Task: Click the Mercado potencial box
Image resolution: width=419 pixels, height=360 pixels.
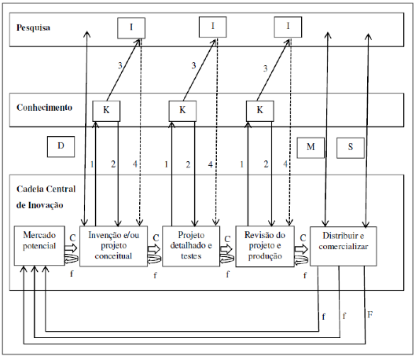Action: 39,245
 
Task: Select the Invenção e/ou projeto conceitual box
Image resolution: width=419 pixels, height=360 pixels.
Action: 113,246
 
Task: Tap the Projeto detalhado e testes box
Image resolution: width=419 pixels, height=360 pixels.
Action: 191,246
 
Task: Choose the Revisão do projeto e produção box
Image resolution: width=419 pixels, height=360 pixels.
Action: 265,246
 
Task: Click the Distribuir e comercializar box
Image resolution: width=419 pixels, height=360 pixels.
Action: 344,246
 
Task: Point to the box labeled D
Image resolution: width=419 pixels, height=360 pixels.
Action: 61,146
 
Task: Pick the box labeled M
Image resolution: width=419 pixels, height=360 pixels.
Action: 311,148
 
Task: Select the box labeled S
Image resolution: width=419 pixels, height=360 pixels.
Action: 351,148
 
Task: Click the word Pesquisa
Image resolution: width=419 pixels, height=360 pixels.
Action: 33,28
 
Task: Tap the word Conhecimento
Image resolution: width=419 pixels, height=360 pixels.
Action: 44,108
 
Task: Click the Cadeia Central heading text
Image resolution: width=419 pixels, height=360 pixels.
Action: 46,189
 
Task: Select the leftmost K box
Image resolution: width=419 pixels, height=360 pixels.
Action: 106,111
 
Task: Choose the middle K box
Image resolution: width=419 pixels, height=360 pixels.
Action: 182,111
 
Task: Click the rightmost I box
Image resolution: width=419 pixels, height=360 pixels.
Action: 288,27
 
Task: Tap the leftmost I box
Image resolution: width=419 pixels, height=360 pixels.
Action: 131,28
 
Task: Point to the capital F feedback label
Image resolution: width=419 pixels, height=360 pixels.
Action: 369,315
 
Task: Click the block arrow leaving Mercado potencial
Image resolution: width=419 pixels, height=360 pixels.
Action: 71,248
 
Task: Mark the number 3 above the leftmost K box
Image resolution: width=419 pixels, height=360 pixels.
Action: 120,65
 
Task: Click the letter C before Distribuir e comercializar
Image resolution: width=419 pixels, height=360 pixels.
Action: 303,237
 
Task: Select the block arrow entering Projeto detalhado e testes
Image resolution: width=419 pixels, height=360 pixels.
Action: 154,249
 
